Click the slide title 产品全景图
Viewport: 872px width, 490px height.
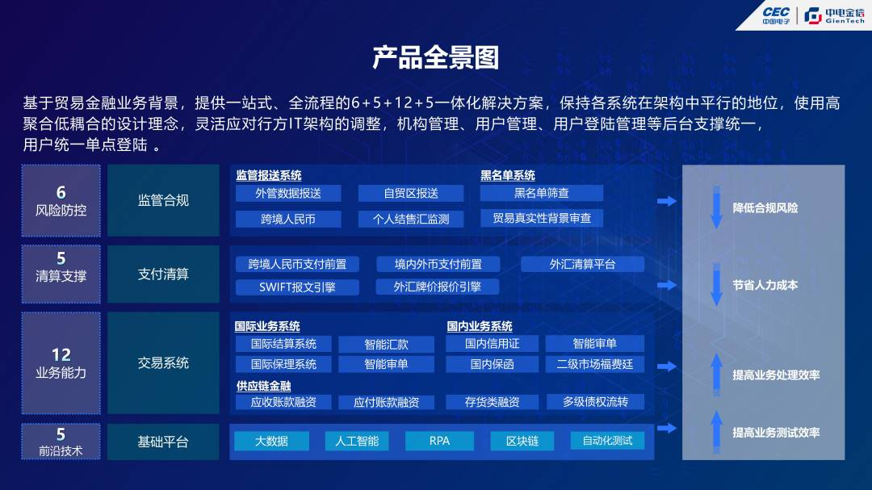point(435,57)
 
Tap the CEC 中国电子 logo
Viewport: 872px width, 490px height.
point(776,15)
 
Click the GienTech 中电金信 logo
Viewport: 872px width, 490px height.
point(834,15)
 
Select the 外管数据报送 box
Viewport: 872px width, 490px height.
point(288,193)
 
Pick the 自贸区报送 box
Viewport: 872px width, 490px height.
point(411,193)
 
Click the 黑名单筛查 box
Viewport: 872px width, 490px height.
point(541,193)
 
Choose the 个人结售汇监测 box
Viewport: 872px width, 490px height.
point(411,219)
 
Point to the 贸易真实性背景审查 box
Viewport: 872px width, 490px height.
point(541,218)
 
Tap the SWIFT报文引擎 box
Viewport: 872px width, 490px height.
point(297,287)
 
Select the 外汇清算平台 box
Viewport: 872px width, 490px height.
point(582,264)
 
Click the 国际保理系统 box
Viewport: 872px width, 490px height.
point(283,364)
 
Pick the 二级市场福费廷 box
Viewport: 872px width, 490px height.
point(594,364)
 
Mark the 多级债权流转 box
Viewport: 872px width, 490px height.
point(595,401)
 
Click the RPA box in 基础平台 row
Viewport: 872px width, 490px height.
point(439,441)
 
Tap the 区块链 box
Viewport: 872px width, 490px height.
point(522,441)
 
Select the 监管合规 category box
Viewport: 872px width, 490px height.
point(163,200)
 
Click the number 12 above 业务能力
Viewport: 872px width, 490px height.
point(61,355)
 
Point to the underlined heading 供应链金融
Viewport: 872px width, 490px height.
point(263,385)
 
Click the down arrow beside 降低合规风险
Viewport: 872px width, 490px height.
point(717,207)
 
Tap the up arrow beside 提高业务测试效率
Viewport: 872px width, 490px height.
point(717,432)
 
